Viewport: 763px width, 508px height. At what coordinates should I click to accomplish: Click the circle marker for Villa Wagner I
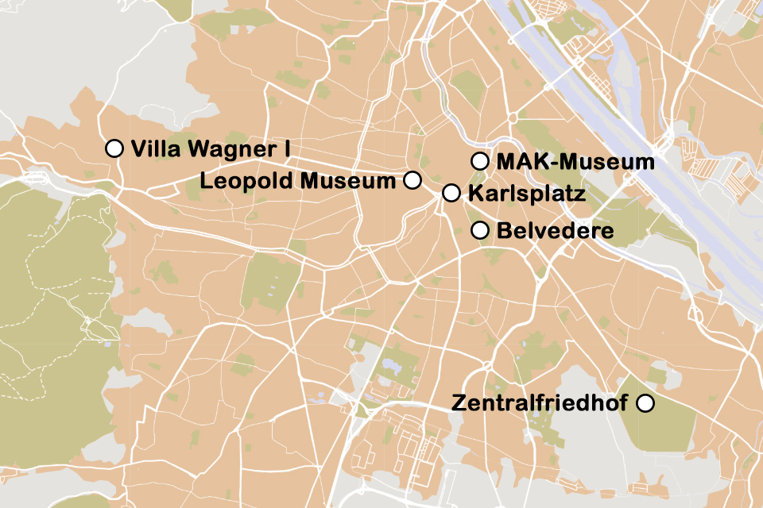pos(114,148)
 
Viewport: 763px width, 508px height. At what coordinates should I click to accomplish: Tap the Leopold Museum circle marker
pos(412,180)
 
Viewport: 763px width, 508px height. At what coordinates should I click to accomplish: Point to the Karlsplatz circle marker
pos(451,193)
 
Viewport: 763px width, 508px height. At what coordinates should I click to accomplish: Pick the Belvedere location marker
pos(479,231)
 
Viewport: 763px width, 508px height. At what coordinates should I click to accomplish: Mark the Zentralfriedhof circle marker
pos(645,403)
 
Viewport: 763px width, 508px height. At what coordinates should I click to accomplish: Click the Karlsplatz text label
pos(527,194)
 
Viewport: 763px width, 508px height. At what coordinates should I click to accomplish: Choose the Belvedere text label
pos(555,231)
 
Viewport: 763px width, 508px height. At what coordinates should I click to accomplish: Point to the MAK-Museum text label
pos(575,162)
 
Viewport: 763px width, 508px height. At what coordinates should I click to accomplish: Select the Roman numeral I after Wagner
pos(286,148)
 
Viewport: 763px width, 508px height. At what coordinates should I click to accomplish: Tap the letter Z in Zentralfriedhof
pos(458,403)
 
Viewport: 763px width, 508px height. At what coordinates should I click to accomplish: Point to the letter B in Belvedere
pos(503,231)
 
